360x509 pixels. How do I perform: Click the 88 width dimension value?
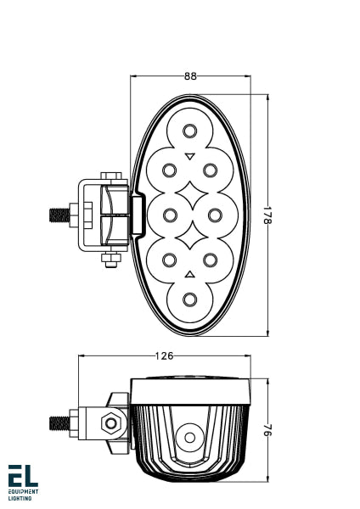click(189, 76)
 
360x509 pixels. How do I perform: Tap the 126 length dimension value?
click(166, 355)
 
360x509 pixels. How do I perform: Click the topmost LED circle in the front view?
click(189, 130)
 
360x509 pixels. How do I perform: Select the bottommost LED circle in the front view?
click(189, 299)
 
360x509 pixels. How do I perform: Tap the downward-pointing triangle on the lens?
click(189, 155)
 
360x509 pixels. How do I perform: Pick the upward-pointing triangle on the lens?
click(189, 273)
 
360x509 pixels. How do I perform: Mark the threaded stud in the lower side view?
click(59, 422)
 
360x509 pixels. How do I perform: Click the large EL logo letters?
click(23, 476)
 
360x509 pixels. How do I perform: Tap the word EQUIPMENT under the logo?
click(23, 492)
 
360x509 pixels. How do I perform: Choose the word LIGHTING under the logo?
click(20, 499)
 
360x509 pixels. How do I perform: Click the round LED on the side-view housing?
click(189, 439)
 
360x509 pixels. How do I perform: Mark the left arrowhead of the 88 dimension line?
click(134, 76)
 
